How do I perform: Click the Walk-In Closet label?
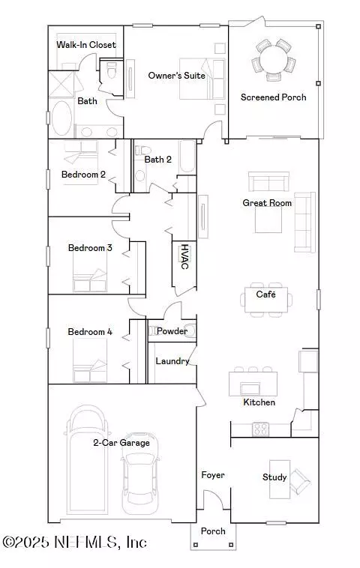tap(86, 45)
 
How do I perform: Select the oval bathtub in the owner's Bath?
tap(61, 118)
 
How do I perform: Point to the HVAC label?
tap(184, 256)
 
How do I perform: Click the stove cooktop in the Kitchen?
tap(260, 429)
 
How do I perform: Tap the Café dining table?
tap(266, 299)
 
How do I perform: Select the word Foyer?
tap(213, 475)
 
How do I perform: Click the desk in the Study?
tap(280, 480)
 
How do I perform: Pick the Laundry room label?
tap(172, 361)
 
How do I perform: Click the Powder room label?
tap(172, 330)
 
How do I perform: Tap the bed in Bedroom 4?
tap(90, 360)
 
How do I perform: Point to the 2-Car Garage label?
tap(121, 443)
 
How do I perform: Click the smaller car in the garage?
tap(140, 473)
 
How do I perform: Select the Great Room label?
tap(267, 203)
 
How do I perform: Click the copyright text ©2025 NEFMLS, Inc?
tap(74, 543)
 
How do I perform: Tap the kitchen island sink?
tap(250, 389)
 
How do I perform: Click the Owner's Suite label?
tap(176, 76)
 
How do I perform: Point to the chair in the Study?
tap(300, 481)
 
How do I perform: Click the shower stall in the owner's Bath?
tap(61, 85)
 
